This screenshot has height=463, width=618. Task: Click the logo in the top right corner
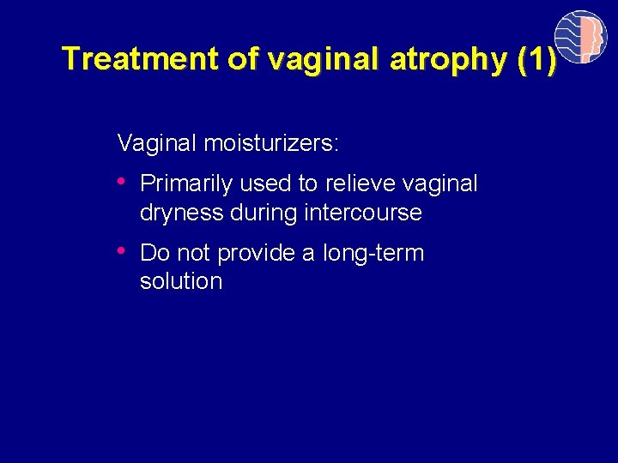pyautogui.click(x=580, y=36)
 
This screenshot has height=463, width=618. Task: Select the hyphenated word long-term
pyautogui.click(x=373, y=254)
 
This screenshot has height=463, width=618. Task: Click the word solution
pyautogui.click(x=181, y=282)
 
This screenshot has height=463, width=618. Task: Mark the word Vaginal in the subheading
pyautogui.click(x=158, y=143)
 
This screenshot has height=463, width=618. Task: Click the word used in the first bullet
pyautogui.click(x=264, y=184)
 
